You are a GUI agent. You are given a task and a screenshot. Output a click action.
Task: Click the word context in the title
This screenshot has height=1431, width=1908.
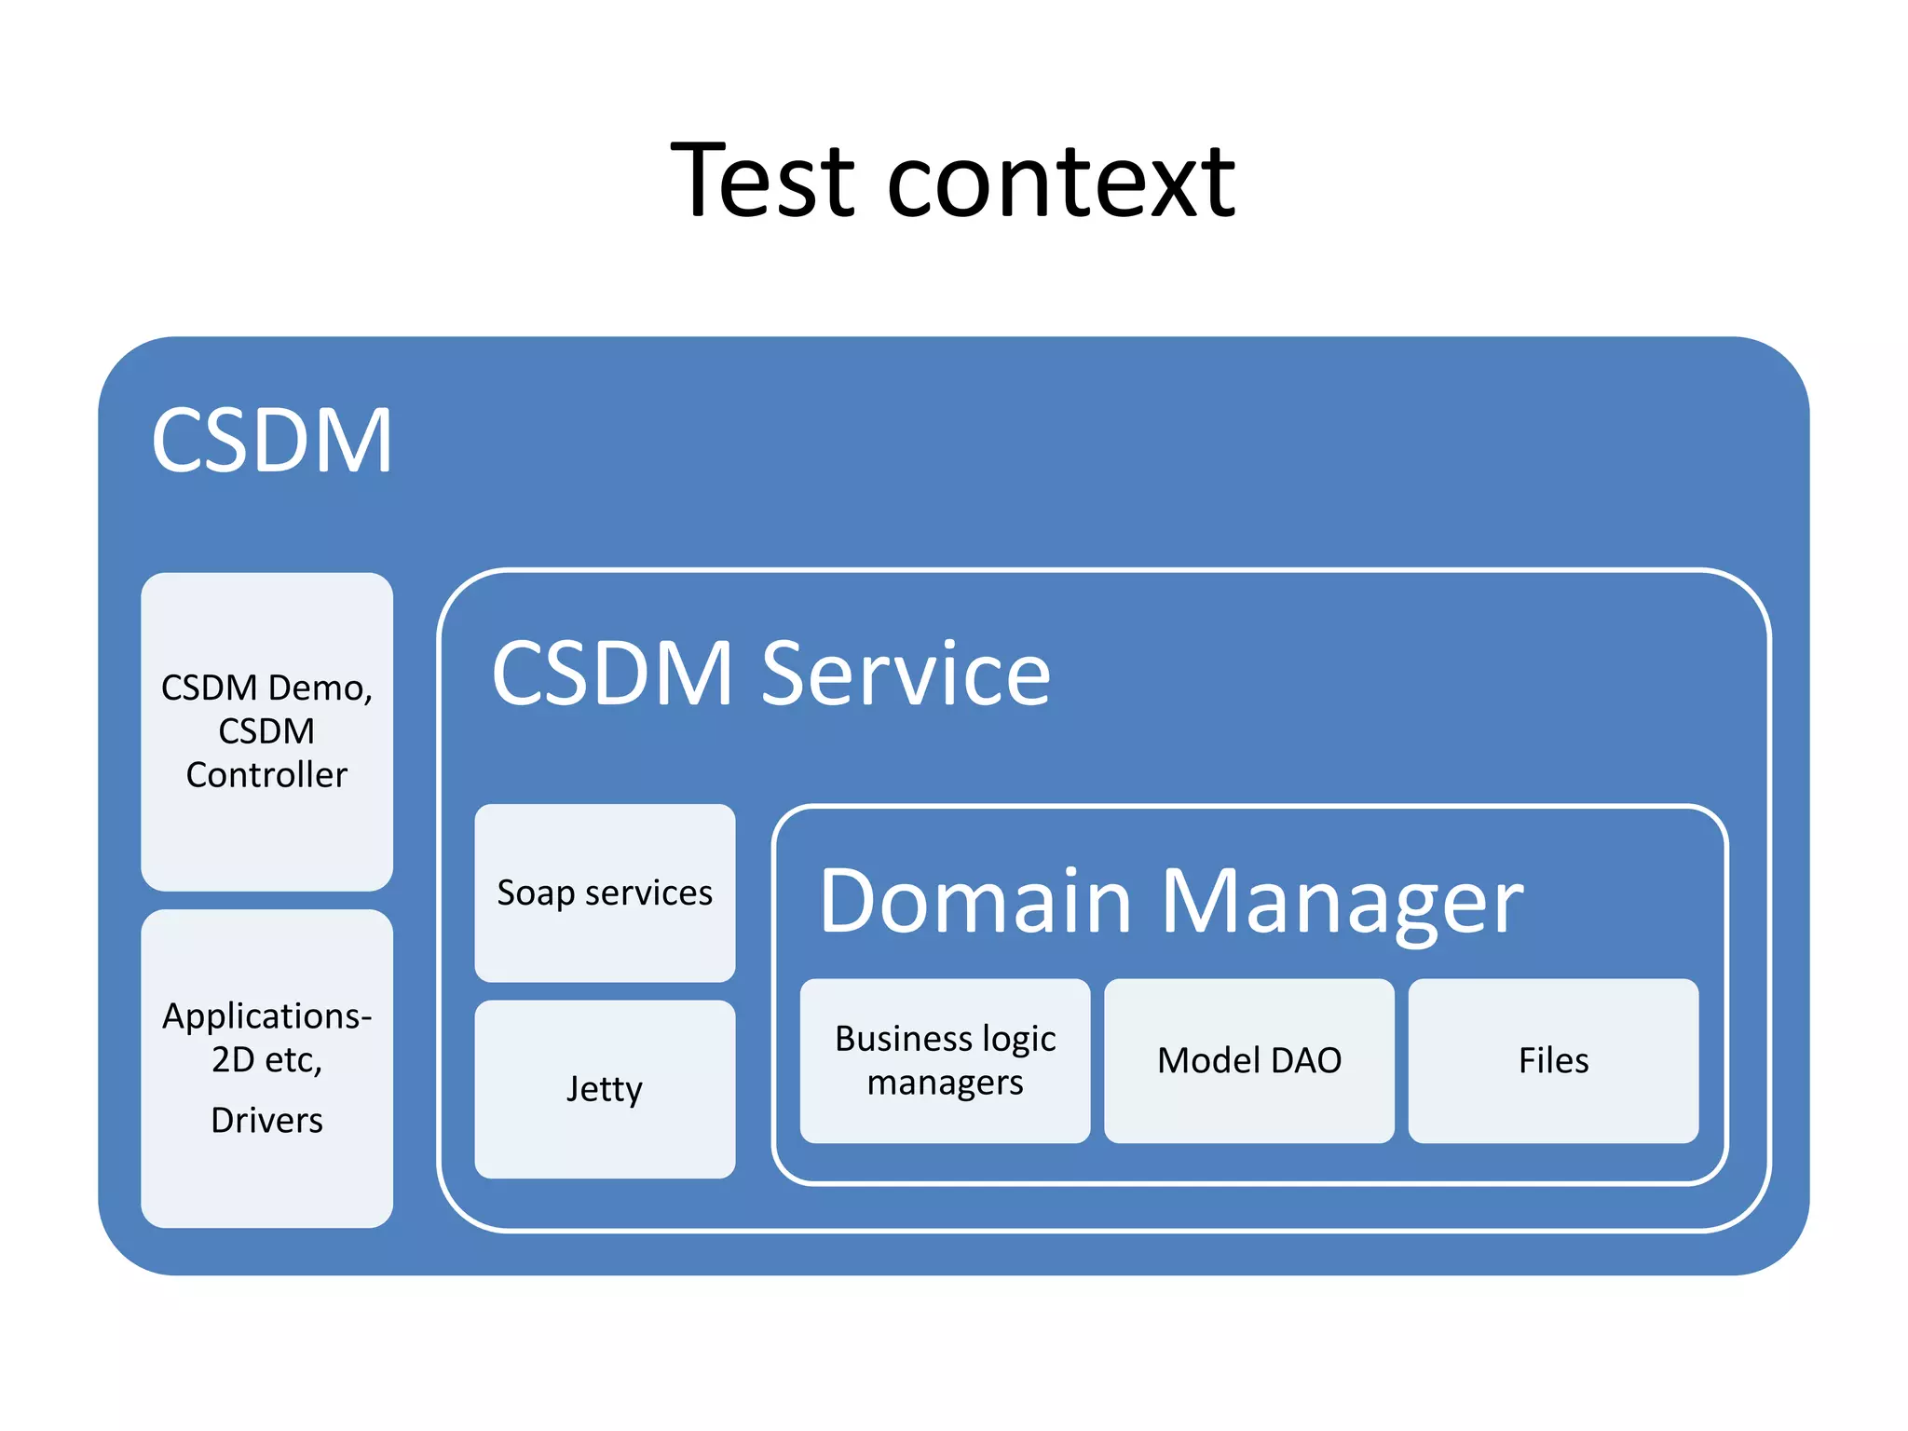1061,183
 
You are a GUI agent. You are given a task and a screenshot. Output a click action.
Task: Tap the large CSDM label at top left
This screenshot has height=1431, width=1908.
271,441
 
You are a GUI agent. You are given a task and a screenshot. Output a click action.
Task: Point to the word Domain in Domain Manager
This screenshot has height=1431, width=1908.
974,901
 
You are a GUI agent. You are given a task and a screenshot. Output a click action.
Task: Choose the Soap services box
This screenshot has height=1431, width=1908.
605,893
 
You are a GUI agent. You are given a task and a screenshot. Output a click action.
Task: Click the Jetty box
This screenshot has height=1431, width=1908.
605,1088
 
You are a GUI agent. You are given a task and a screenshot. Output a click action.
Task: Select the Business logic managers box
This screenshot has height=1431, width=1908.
945,1060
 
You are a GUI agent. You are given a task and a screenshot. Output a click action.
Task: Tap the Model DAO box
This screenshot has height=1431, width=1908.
1248,1060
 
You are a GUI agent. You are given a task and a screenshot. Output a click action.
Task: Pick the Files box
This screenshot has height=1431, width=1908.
1553,1060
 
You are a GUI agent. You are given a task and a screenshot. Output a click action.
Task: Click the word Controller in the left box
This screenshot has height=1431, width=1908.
266,775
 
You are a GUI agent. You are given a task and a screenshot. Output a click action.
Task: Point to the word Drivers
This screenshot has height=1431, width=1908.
266,1120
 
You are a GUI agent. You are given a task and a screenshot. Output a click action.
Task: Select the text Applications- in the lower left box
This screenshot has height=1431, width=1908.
266,1015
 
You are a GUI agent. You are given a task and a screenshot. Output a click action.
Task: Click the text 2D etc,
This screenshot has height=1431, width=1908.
266,1060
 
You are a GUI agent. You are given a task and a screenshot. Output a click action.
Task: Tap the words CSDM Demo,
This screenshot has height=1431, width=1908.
266,688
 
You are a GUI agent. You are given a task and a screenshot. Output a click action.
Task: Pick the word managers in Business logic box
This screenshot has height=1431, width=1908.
945,1083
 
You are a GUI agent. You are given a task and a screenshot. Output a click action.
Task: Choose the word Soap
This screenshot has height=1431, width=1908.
536,893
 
